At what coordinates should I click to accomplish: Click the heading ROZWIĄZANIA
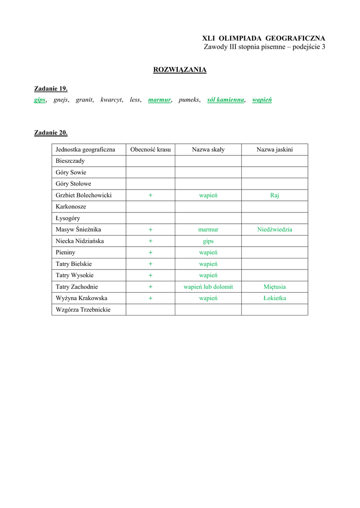pyautogui.click(x=180, y=70)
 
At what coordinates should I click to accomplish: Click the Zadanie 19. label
pyautogui.click(x=51, y=89)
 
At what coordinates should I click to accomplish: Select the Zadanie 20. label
pyautogui.click(x=51, y=132)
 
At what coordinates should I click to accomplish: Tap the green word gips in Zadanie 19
pyautogui.click(x=40, y=100)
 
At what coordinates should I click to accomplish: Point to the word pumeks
pyautogui.click(x=189, y=100)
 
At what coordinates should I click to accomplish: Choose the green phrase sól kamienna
pyautogui.click(x=225, y=100)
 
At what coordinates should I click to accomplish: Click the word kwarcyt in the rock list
pyautogui.click(x=111, y=100)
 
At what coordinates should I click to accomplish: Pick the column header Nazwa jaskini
pyautogui.click(x=275, y=149)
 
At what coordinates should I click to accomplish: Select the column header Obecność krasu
pyautogui.click(x=150, y=149)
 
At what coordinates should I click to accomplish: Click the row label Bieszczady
pyautogui.click(x=70, y=161)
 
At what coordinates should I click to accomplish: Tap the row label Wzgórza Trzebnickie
pyautogui.click(x=83, y=310)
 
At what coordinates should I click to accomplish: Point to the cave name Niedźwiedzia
pyautogui.click(x=275, y=230)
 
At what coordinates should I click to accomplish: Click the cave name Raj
pyautogui.click(x=275, y=195)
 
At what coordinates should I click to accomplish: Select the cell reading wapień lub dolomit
pyautogui.click(x=208, y=287)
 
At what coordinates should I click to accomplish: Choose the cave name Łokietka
pyautogui.click(x=275, y=298)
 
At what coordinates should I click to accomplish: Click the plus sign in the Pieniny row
pyautogui.click(x=150, y=253)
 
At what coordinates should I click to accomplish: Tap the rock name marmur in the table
pyautogui.click(x=208, y=230)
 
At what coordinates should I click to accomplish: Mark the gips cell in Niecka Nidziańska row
pyautogui.click(x=208, y=241)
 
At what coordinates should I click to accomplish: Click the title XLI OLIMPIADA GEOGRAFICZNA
pyautogui.click(x=264, y=38)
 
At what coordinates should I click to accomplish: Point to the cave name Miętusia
pyautogui.click(x=275, y=287)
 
